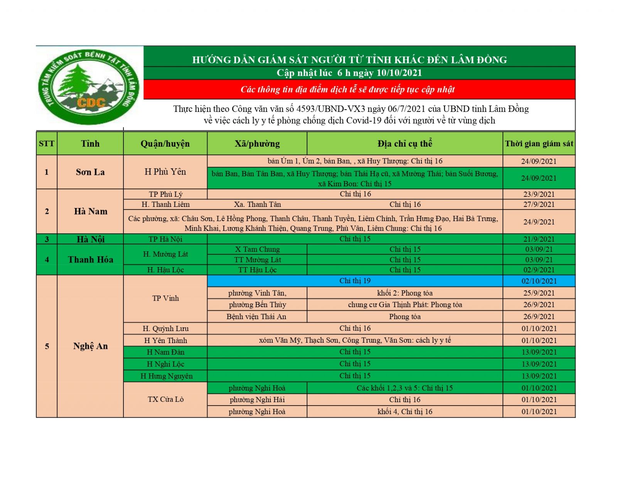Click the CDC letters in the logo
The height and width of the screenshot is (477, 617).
pos(91,102)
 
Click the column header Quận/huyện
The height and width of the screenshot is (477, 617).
pos(165,144)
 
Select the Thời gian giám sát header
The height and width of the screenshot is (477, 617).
pos(539,144)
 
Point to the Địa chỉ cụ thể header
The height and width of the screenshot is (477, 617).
pos(405,144)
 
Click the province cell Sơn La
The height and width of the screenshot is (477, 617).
pos(90,172)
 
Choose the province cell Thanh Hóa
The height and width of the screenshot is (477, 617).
pos(90,259)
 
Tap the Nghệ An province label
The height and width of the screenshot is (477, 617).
pos(90,346)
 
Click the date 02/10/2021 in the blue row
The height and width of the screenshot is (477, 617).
pos(539,281)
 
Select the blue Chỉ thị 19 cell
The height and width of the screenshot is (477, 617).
pos(355,281)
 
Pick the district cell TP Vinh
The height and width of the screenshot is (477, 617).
pos(165,298)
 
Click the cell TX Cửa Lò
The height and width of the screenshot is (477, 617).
pos(165,399)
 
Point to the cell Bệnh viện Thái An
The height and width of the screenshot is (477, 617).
pos(256,317)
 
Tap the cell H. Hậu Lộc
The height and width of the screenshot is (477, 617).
pos(165,270)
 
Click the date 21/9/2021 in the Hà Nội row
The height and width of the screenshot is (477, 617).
pos(539,239)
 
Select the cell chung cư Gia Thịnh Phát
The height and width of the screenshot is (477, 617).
pos(405,305)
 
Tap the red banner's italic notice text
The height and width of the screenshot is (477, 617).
pos(347,90)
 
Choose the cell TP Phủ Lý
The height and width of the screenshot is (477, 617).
pos(165,194)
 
